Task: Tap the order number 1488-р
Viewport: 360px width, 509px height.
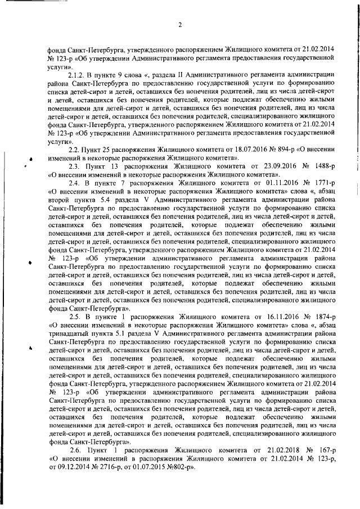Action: (x=322, y=167)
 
